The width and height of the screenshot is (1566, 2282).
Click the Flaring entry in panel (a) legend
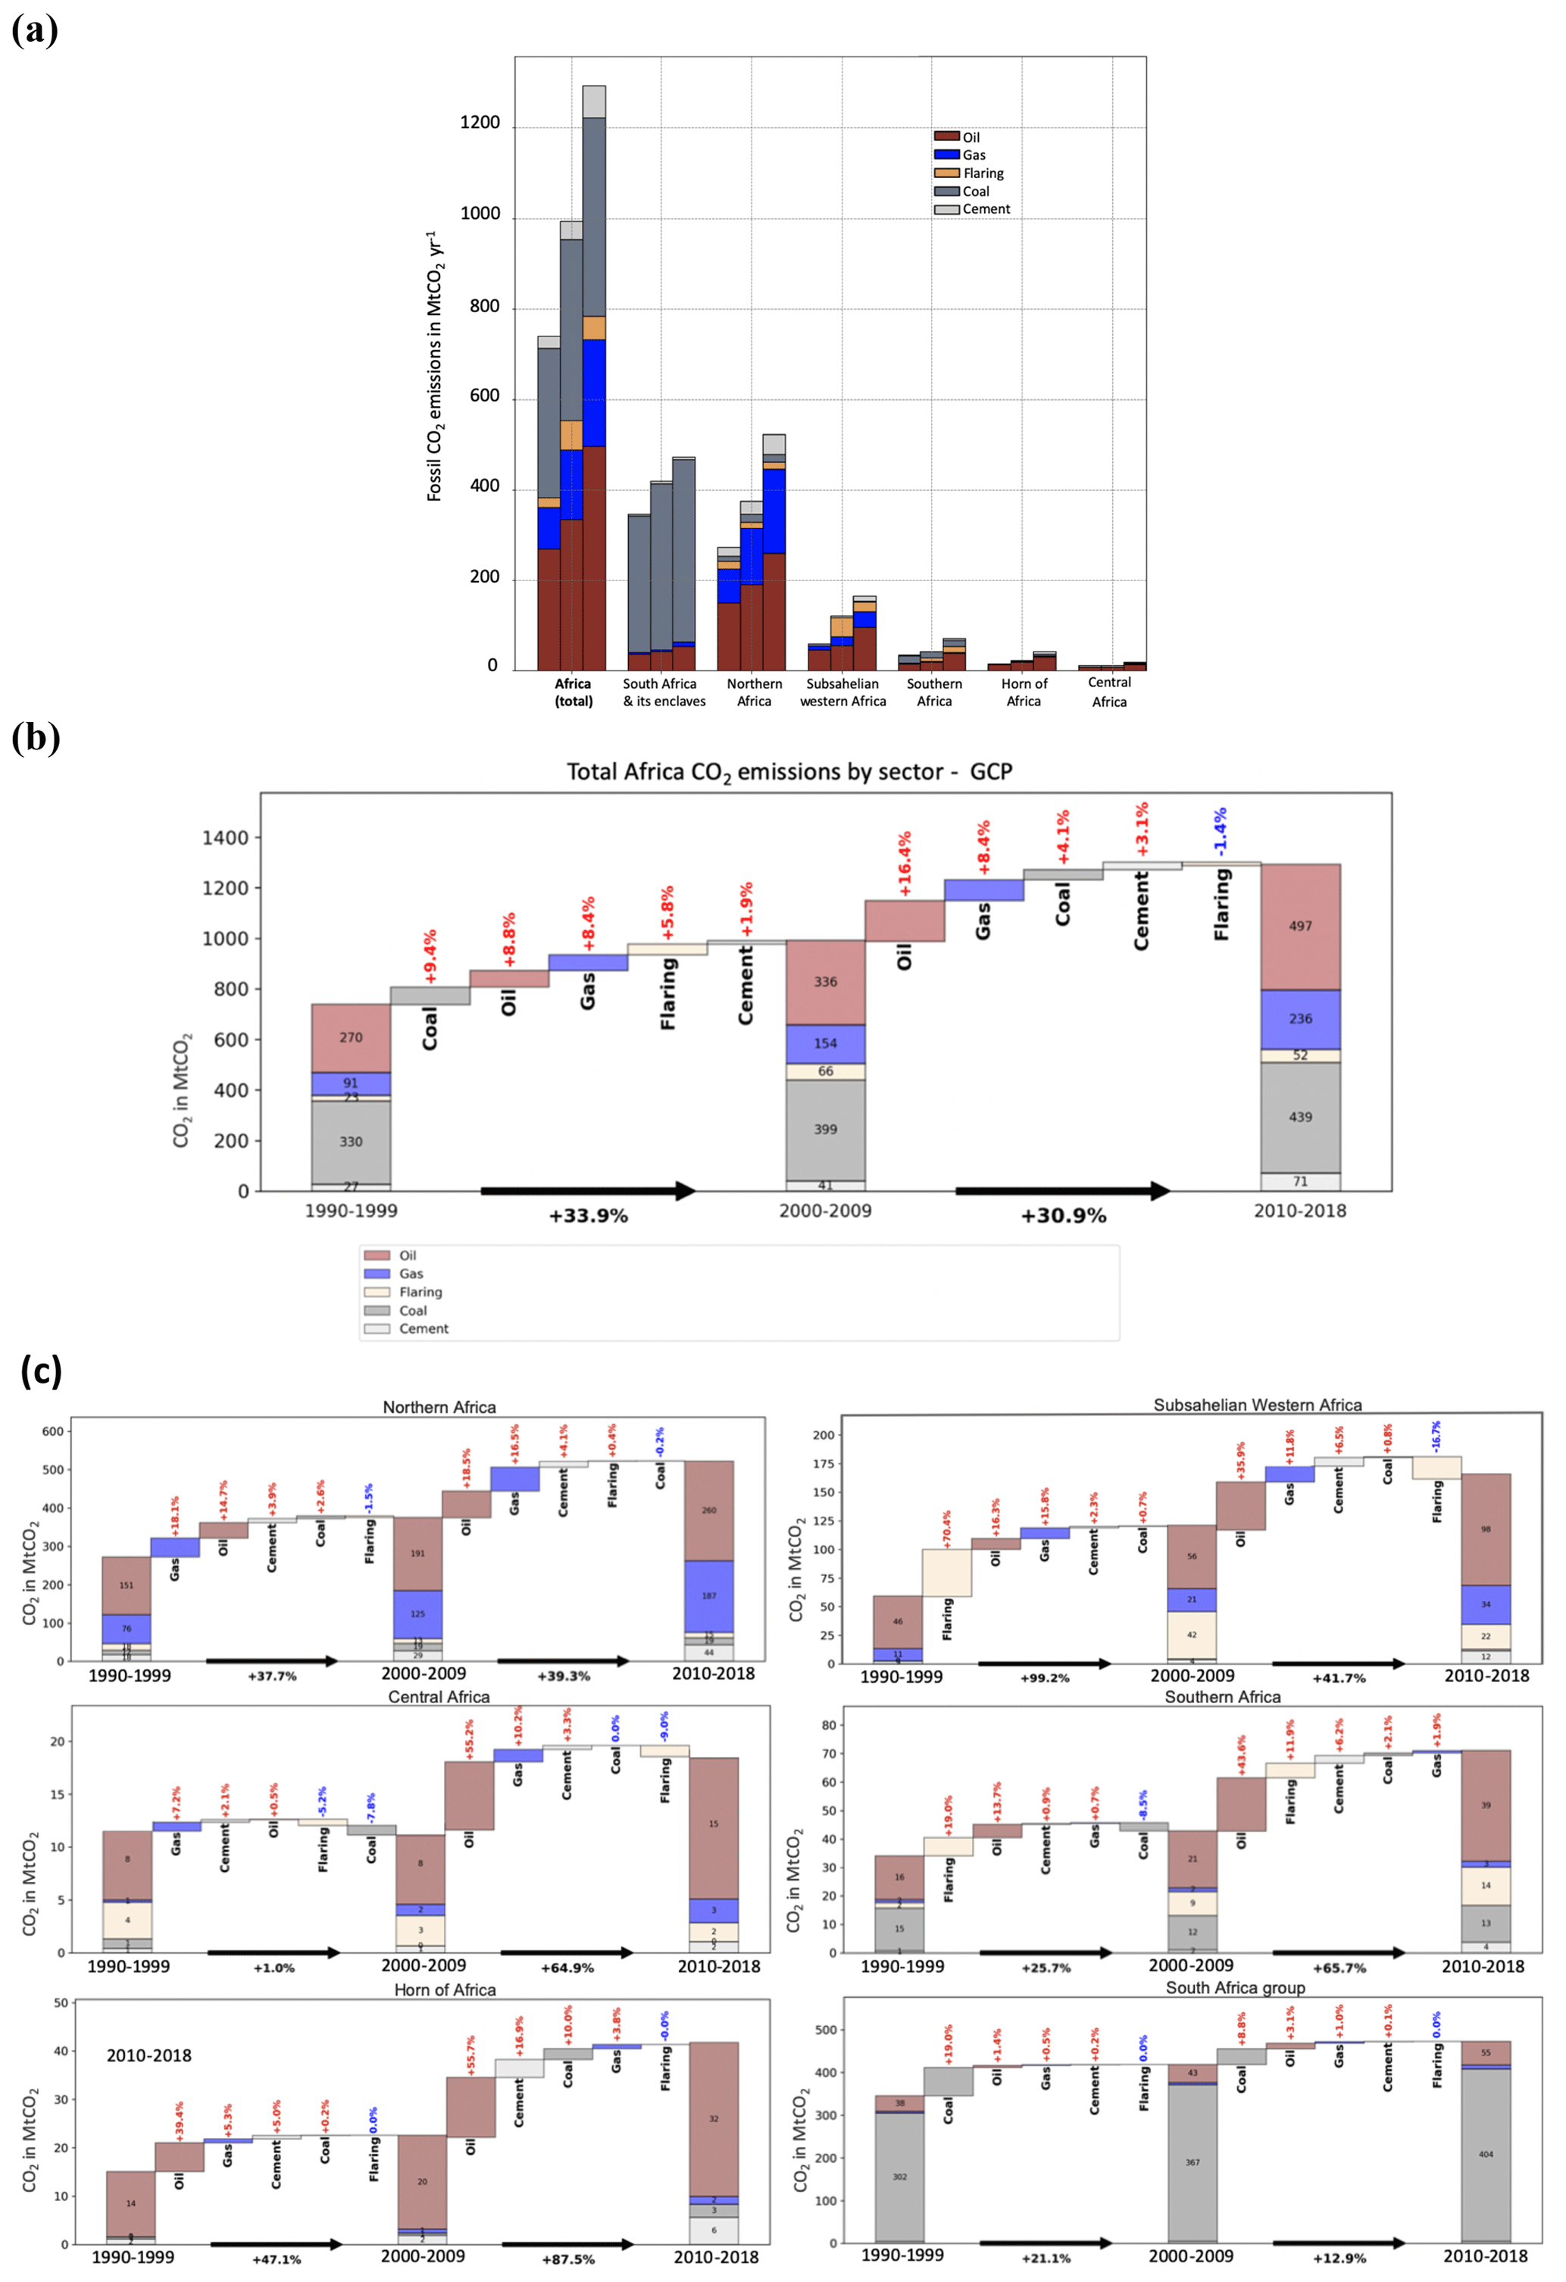[982, 173]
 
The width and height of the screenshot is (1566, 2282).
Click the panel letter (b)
[36, 736]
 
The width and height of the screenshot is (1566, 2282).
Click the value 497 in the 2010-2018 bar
[1300, 926]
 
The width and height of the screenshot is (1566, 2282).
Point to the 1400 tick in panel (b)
[225, 838]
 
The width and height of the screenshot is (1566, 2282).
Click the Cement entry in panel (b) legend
[424, 1329]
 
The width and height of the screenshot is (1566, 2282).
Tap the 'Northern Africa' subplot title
[439, 1407]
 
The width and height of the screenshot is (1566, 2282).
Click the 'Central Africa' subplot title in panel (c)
[439, 1697]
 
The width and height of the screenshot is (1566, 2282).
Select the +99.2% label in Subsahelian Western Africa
[1045, 1678]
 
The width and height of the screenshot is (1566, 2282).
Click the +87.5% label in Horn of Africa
[567, 2259]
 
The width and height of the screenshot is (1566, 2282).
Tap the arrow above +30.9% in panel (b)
[1062, 1191]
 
